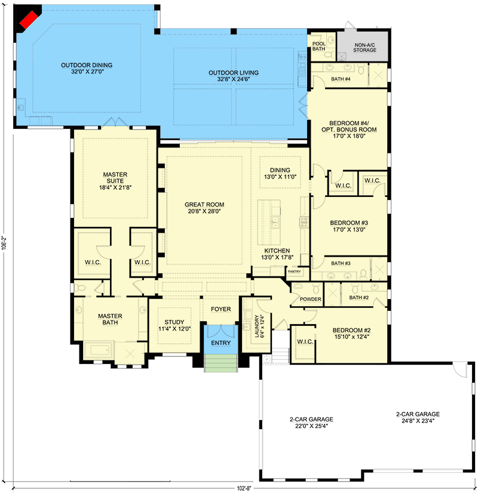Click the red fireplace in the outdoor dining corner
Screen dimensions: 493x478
coord(27,21)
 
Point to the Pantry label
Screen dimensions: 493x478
coord(294,272)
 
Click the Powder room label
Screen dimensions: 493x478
coord(311,299)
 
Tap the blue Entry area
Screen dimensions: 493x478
coord(220,343)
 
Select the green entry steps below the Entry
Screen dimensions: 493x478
coord(220,363)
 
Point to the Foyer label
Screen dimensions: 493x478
coord(220,309)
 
